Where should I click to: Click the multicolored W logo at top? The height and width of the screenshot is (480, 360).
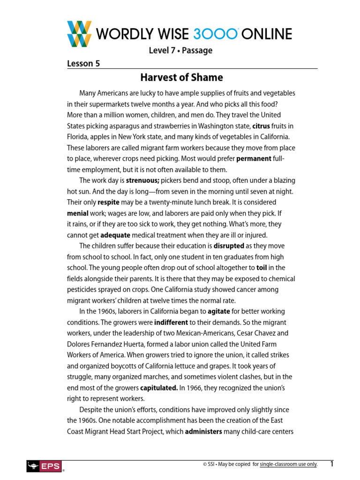coord(80,34)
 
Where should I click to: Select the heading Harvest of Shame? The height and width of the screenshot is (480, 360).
coord(182,77)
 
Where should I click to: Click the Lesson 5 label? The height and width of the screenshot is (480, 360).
coord(83,64)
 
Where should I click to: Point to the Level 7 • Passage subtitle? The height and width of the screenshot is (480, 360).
coord(180,51)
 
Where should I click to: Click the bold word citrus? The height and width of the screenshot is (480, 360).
coord(261,126)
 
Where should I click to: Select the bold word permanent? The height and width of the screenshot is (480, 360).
coord(254,158)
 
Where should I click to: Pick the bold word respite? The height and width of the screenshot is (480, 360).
coord(108,202)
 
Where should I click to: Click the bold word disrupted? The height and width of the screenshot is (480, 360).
coord(229,246)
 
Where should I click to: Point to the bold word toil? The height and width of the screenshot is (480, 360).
coord(262,268)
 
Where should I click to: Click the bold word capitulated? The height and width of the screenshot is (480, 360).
coord(159,388)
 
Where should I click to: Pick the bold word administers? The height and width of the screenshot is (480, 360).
coord(203,432)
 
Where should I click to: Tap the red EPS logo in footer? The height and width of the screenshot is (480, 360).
coord(44,465)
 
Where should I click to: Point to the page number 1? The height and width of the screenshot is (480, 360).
coord(332,464)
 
